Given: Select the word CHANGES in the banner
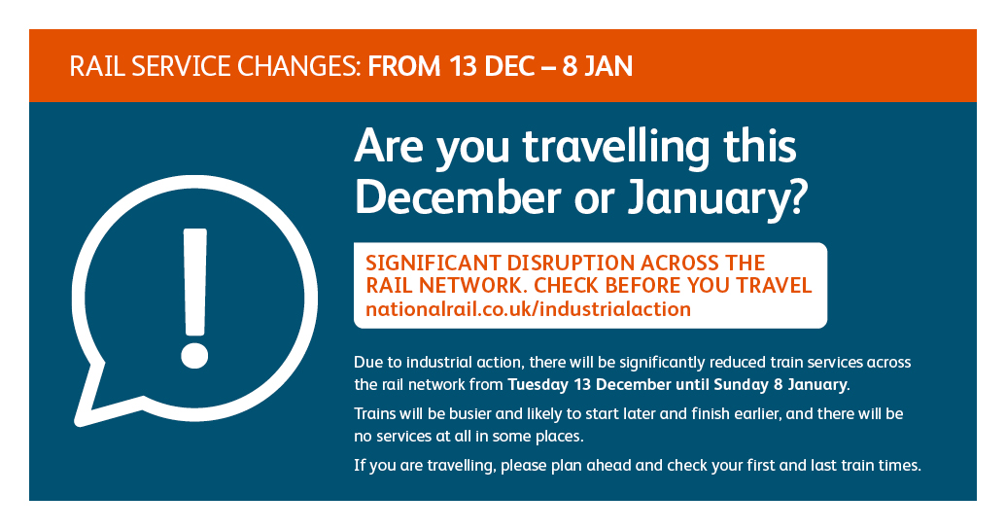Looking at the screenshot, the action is click(299, 67).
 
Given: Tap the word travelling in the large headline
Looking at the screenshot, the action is click(616, 148).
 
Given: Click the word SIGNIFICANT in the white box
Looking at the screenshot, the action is click(433, 264).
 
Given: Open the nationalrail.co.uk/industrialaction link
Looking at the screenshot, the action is click(528, 309).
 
